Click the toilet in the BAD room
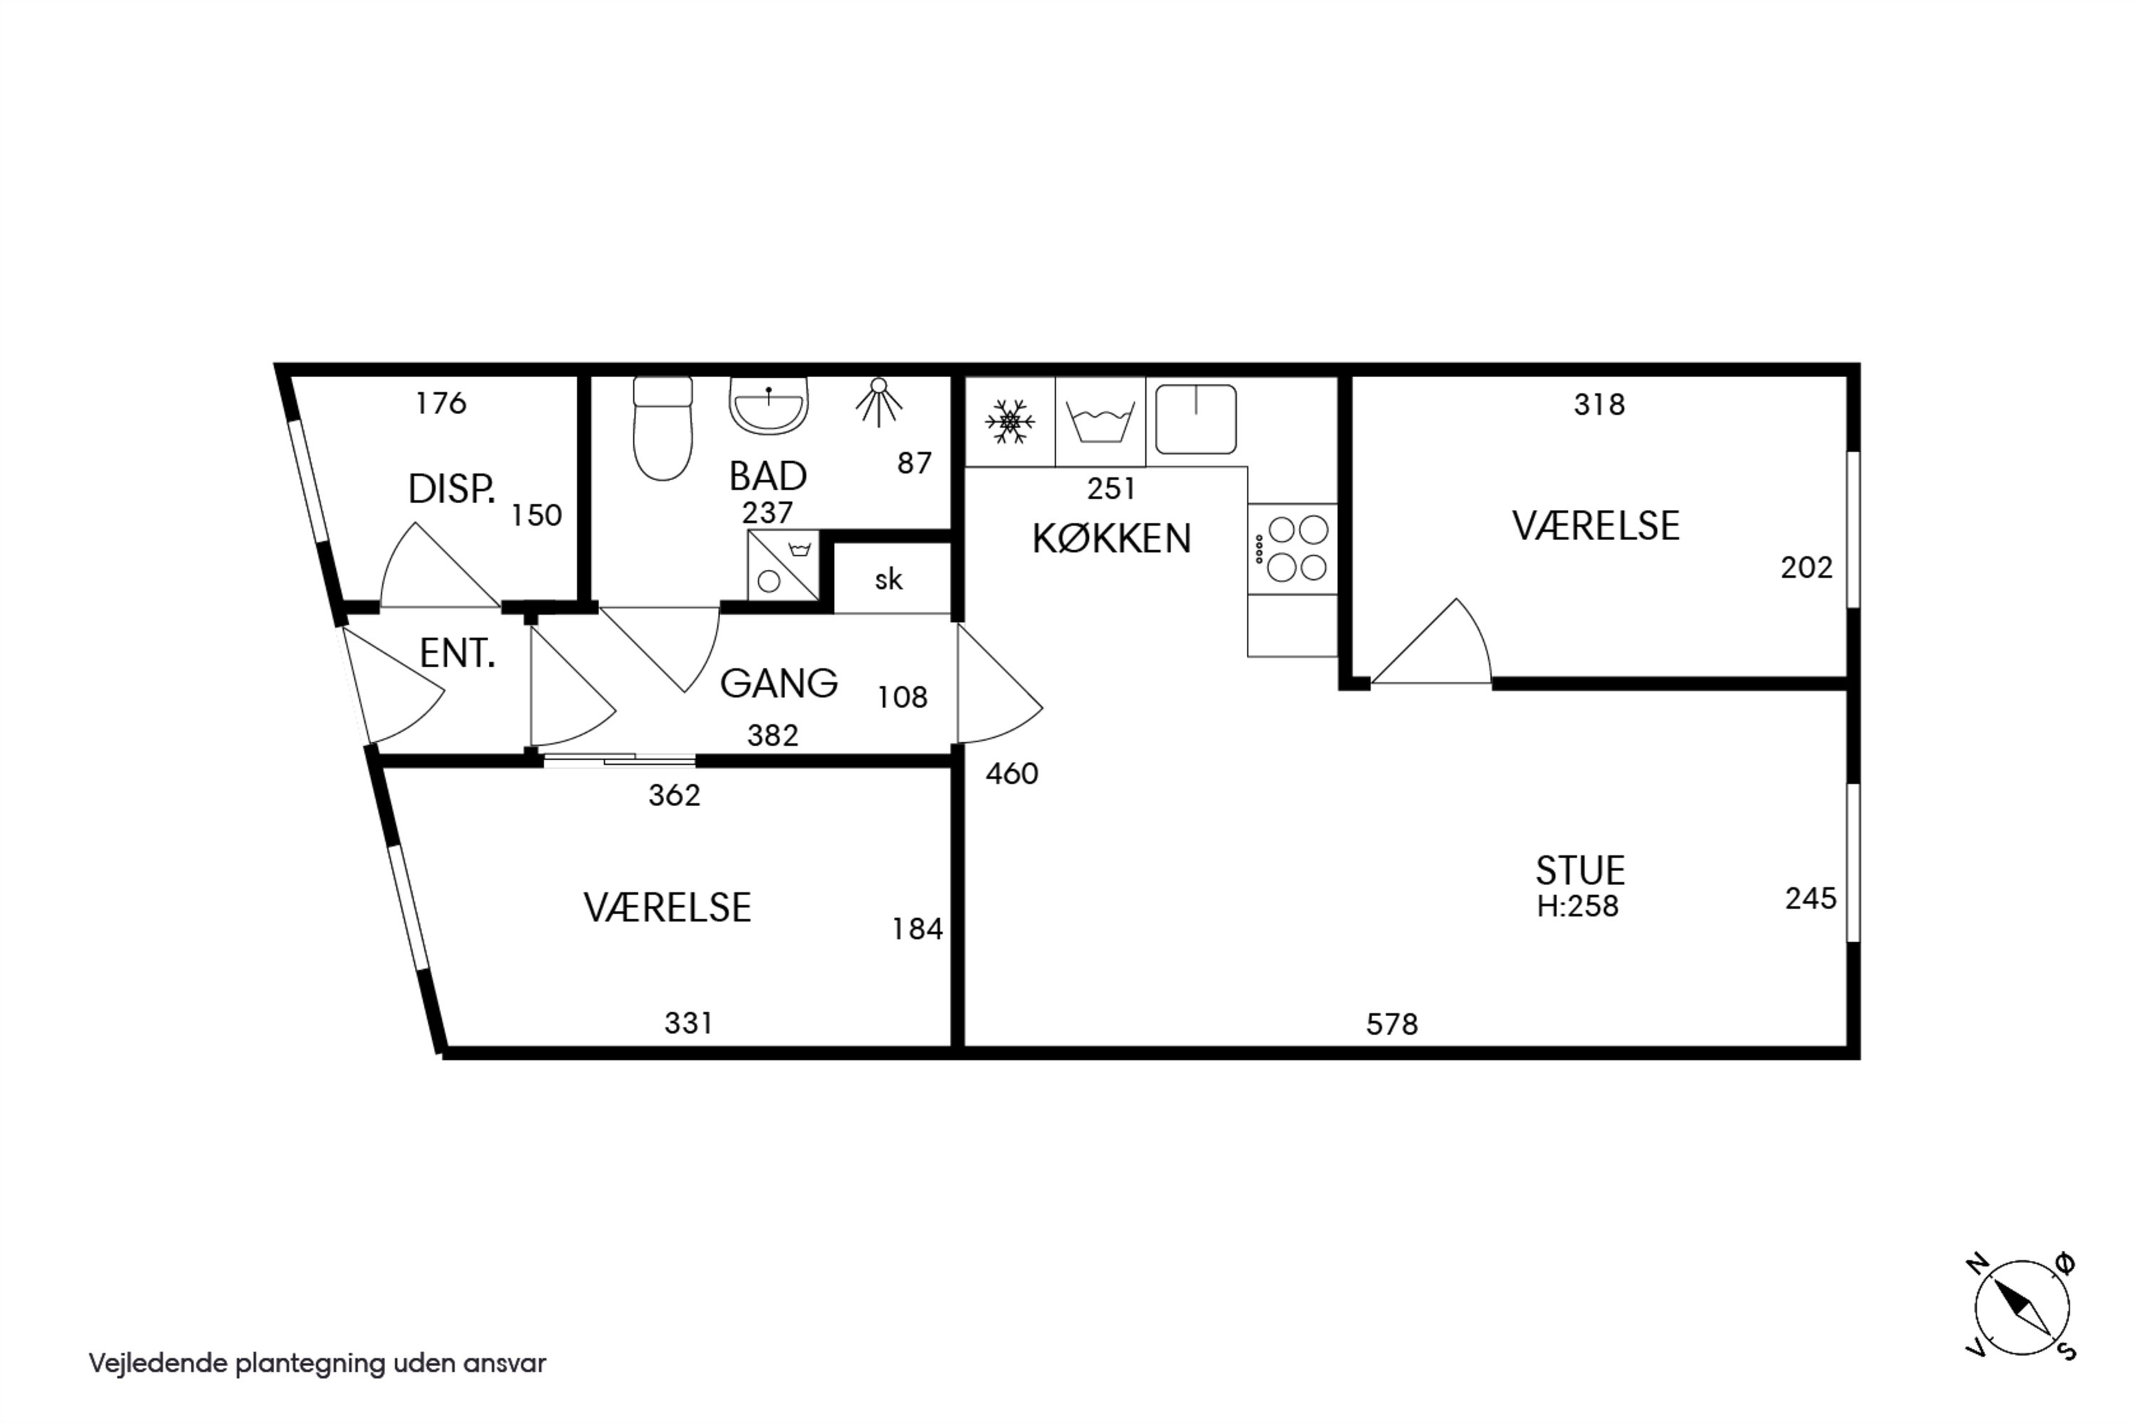(x=663, y=428)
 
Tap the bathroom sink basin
(x=768, y=406)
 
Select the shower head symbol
(x=877, y=402)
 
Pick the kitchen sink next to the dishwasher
(x=1196, y=419)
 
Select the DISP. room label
(x=451, y=490)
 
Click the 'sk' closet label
(x=889, y=579)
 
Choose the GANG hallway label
(x=779, y=682)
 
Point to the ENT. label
(x=458, y=652)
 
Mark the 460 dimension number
(x=1011, y=773)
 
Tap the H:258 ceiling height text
(x=1578, y=906)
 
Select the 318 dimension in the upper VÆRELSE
(x=1599, y=404)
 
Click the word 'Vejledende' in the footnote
(x=158, y=1364)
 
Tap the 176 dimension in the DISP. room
(x=441, y=402)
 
